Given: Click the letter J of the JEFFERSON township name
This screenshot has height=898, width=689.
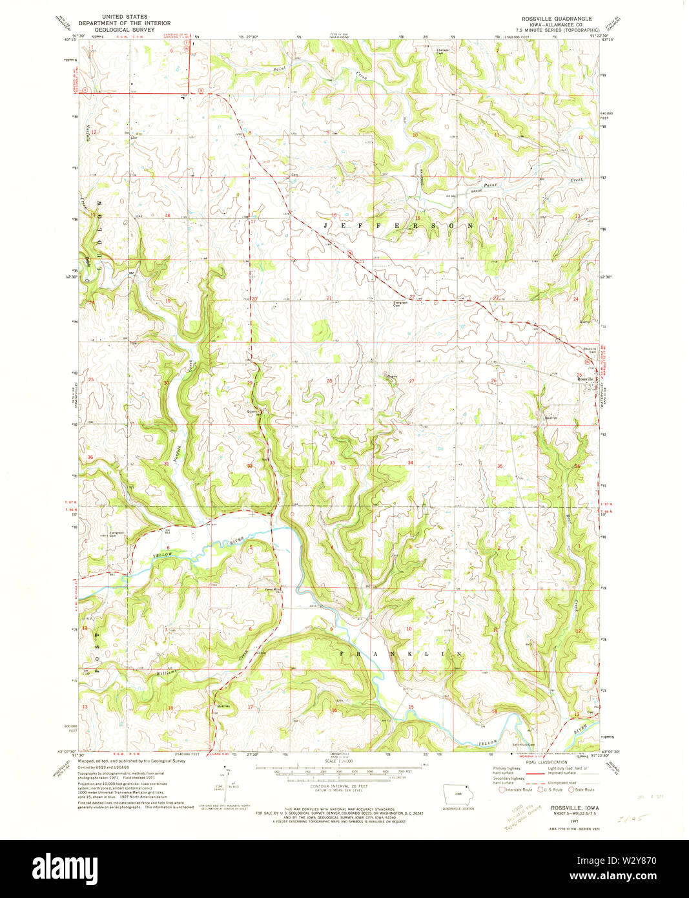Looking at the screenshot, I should [326, 226].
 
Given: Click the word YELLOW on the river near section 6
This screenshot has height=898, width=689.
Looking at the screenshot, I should [163, 555].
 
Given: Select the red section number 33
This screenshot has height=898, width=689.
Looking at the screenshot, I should [332, 463].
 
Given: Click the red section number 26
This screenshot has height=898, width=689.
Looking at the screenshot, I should [493, 381].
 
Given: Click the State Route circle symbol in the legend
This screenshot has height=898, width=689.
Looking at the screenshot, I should [571, 789].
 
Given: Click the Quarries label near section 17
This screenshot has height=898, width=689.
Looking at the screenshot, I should [223, 705].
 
